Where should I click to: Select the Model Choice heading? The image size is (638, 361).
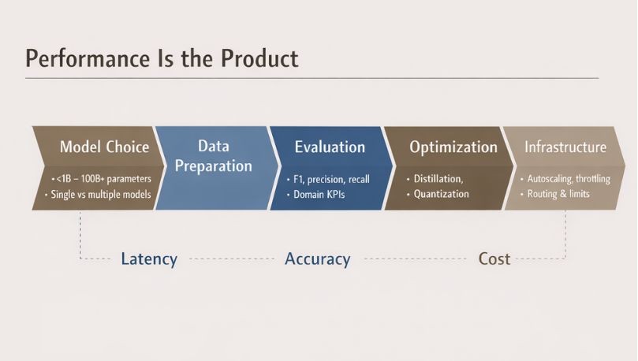pyautogui.click(x=104, y=147)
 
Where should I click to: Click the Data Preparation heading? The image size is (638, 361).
pyautogui.click(x=214, y=156)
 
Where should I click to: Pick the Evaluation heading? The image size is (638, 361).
pyautogui.click(x=330, y=147)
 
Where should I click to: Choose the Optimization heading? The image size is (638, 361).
pyautogui.click(x=453, y=147)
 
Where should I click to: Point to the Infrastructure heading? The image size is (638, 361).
pyautogui.click(x=565, y=147)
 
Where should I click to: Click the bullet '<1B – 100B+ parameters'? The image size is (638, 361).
pyautogui.click(x=102, y=179)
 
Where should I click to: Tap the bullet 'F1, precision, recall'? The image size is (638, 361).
pyautogui.click(x=330, y=179)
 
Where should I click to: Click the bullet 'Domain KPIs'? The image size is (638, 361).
pyautogui.click(x=320, y=194)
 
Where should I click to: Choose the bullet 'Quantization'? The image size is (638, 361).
pyautogui.click(x=441, y=194)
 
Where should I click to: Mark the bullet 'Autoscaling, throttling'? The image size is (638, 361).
pyautogui.click(x=567, y=179)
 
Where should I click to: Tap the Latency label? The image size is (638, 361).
pyautogui.click(x=149, y=259)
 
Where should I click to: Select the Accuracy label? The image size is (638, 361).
pyautogui.click(x=317, y=259)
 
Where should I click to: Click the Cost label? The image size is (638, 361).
pyautogui.click(x=494, y=259)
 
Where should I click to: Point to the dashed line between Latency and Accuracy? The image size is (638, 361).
pyautogui.click(x=230, y=259)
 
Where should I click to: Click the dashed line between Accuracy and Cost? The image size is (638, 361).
pyautogui.click(x=414, y=259)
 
